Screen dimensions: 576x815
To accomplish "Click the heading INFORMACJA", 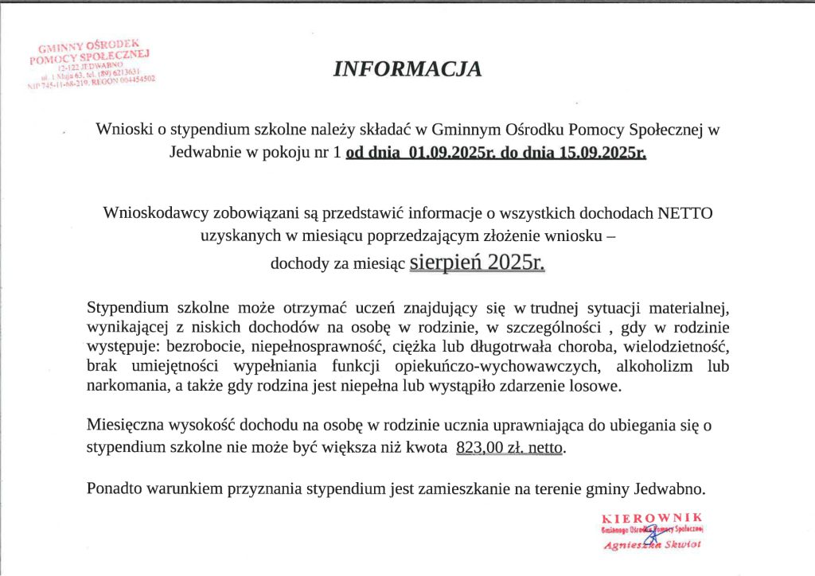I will coord(407,70).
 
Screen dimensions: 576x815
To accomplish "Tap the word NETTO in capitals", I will coord(686,212).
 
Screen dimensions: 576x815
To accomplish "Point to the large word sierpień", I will coord(447,262).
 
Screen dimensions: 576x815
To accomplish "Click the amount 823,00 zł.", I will coord(490,448).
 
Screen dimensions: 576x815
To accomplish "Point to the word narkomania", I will coord(124,386).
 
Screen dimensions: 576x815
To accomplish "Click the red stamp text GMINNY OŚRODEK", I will coord(89,47).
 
